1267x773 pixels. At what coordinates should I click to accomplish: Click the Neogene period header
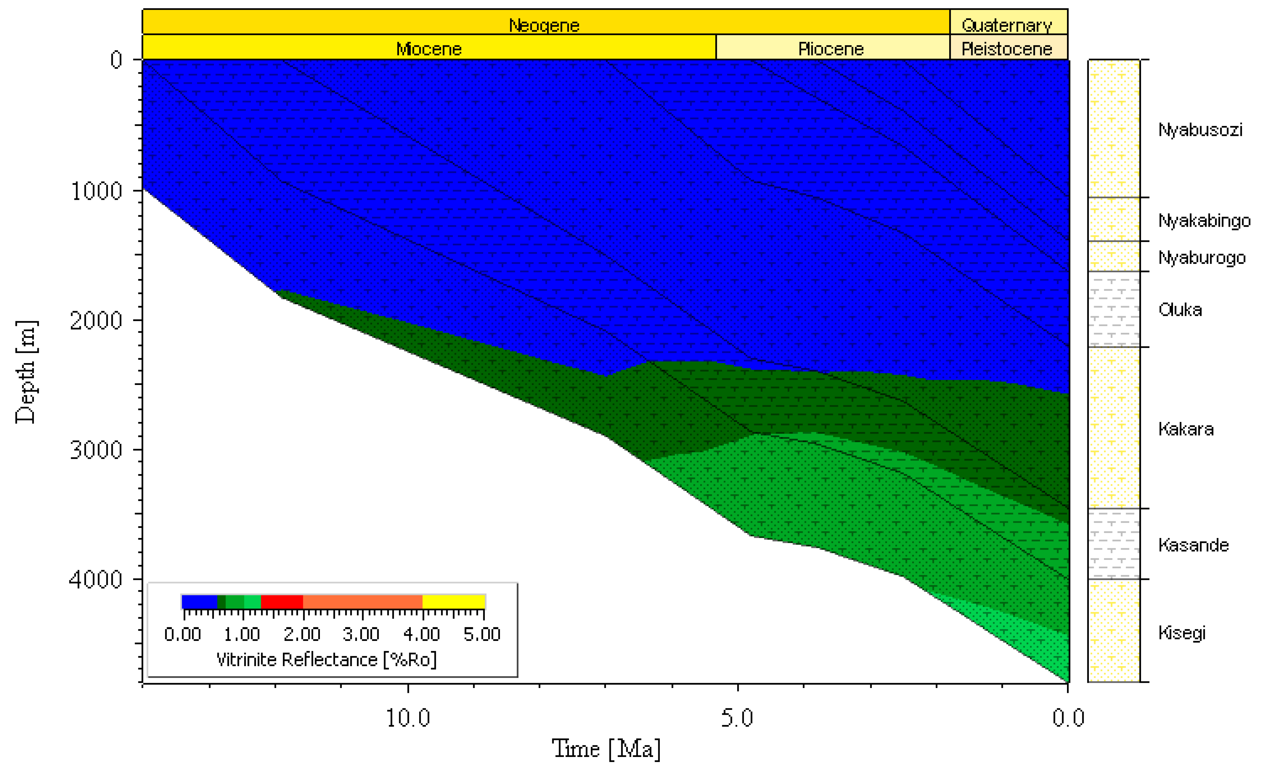(x=544, y=25)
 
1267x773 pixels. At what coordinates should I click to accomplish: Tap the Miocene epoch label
(x=428, y=49)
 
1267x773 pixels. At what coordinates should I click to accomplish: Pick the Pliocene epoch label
(x=831, y=49)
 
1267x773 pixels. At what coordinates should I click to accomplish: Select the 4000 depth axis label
(x=96, y=580)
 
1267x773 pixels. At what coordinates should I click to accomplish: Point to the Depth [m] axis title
(x=25, y=372)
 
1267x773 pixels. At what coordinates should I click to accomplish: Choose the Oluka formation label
(x=1179, y=310)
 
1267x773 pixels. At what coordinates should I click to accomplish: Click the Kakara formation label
(x=1186, y=429)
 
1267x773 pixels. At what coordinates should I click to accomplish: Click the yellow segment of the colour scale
(x=454, y=601)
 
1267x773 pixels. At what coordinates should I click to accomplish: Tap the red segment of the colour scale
(x=282, y=601)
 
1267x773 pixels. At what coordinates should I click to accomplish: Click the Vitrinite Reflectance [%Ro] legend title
(x=326, y=659)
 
